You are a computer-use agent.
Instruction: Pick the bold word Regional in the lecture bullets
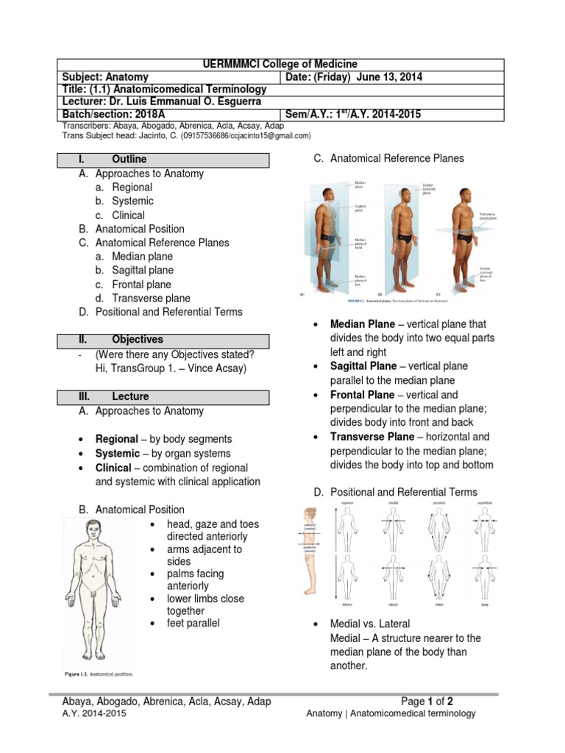[x=116, y=439]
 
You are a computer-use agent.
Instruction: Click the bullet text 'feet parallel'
[x=193, y=624]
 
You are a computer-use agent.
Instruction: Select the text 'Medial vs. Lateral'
[x=370, y=624]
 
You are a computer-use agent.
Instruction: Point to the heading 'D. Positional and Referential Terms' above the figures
[x=395, y=492]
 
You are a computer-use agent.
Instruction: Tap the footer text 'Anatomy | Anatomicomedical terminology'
[x=391, y=714]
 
